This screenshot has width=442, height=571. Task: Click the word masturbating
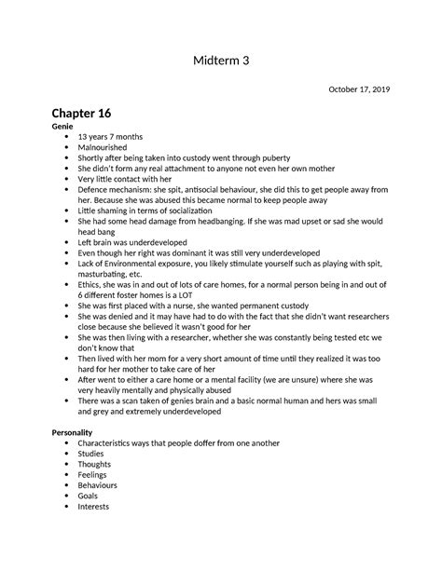[x=108, y=273]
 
